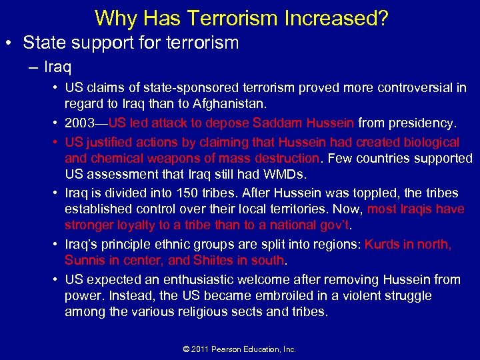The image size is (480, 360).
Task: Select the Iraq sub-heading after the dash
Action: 59,67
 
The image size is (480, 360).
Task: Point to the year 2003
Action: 79,123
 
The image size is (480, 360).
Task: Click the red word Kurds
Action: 381,244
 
